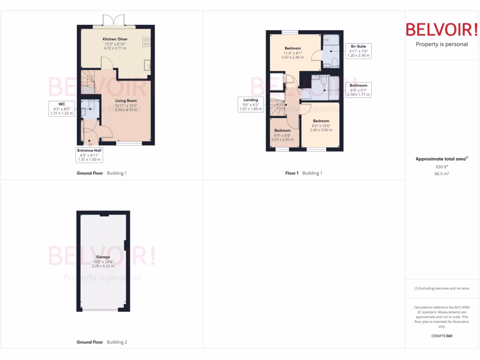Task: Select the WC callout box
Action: coord(61,108)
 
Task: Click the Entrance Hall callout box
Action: coord(89,155)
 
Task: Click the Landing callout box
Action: coord(251,105)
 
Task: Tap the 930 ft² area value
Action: coord(442,167)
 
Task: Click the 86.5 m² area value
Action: coord(442,173)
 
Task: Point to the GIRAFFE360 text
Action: coord(442,336)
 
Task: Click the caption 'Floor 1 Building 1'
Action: coord(304,173)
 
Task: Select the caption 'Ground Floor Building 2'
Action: coord(102,342)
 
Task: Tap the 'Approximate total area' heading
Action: coord(442,159)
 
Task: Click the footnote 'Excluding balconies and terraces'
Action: coord(442,288)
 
